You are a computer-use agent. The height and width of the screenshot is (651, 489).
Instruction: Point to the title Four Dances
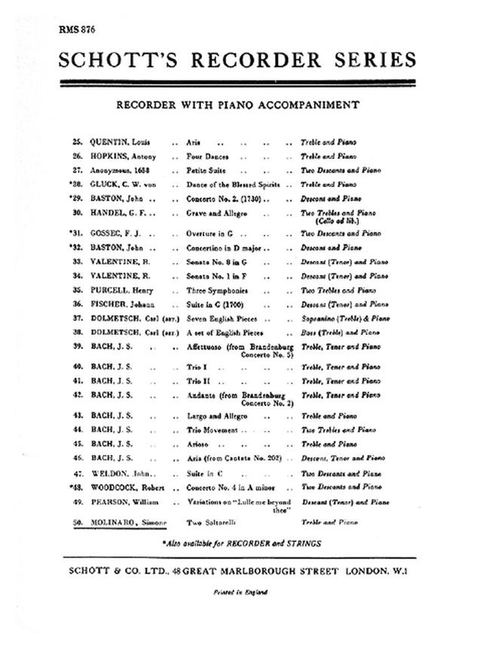(x=209, y=157)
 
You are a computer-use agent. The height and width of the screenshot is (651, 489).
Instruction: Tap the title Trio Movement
(x=216, y=429)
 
